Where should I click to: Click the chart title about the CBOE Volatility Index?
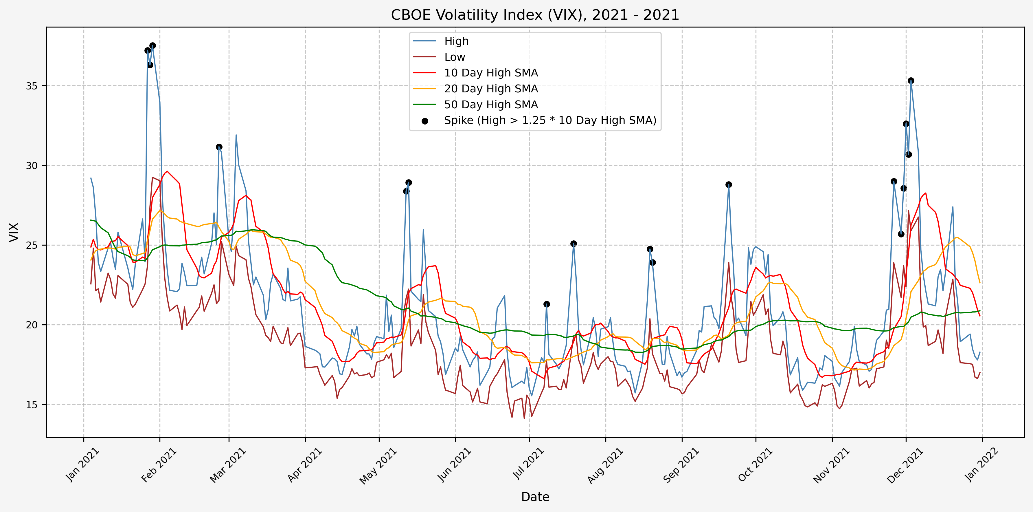(535, 15)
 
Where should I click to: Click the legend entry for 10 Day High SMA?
(491, 73)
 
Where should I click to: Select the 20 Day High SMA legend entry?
(491, 89)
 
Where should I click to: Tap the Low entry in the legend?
(454, 57)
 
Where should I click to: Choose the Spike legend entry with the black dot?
(550, 120)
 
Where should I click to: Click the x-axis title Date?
(535, 497)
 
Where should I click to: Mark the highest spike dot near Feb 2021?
(152, 46)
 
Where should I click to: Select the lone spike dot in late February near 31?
(219, 147)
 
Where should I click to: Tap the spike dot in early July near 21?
(547, 304)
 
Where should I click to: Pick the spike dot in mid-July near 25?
(574, 244)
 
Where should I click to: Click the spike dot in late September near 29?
(729, 184)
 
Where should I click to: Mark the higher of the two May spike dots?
(409, 182)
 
